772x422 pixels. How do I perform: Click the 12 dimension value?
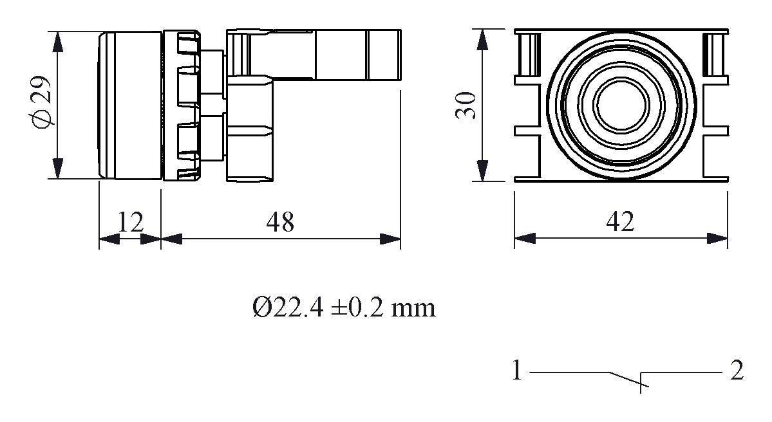point(131,223)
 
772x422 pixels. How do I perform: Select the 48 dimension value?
point(280,223)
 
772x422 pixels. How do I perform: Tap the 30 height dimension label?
point(466,105)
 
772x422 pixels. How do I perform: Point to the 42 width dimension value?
point(621,223)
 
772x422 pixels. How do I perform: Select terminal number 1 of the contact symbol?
point(516,371)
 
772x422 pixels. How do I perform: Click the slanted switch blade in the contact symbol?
point(625,380)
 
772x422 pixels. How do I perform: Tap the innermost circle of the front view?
point(621,105)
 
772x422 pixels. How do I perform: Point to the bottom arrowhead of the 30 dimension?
point(480,170)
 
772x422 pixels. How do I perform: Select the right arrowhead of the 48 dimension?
point(390,239)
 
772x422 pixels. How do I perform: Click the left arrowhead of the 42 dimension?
point(525,239)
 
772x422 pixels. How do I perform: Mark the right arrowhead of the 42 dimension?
point(717,239)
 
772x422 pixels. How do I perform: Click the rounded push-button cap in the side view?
point(129,105)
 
